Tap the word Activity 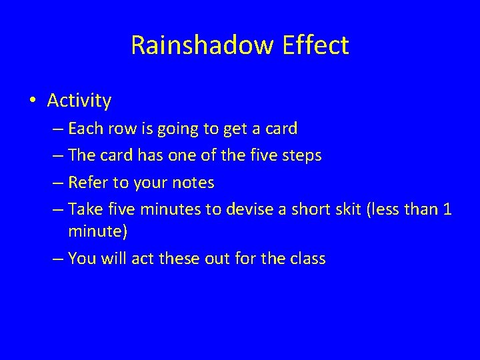pyautogui.click(x=79, y=101)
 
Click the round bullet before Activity pyautogui.click(x=33, y=101)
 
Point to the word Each pyautogui.click(x=83, y=129)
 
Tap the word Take pyautogui.click(x=83, y=209)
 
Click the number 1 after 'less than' pyautogui.click(x=447, y=209)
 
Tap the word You pyautogui.click(x=81, y=259)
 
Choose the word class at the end pyautogui.click(x=307, y=259)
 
